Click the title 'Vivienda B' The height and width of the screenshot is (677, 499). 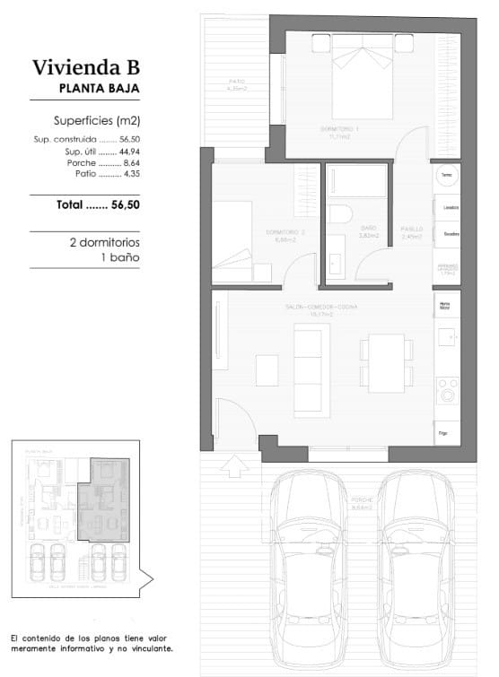pos(86,66)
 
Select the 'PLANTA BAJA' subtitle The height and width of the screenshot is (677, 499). pos(99,88)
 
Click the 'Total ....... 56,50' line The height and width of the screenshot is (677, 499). pos(98,204)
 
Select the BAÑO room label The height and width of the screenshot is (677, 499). pos(369,229)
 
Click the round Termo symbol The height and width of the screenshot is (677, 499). pos(447,174)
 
